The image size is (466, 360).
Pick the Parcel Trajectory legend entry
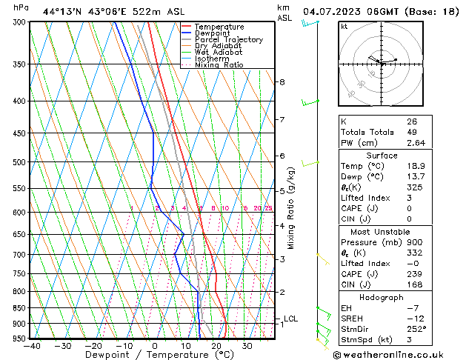228,40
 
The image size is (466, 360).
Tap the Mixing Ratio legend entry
219,65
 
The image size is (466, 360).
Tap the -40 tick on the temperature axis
32,346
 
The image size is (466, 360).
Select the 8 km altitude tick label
282,82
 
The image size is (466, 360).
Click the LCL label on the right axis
291,319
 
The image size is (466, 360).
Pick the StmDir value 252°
416,329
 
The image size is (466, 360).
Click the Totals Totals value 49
411,132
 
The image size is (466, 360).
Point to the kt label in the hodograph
344,27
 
